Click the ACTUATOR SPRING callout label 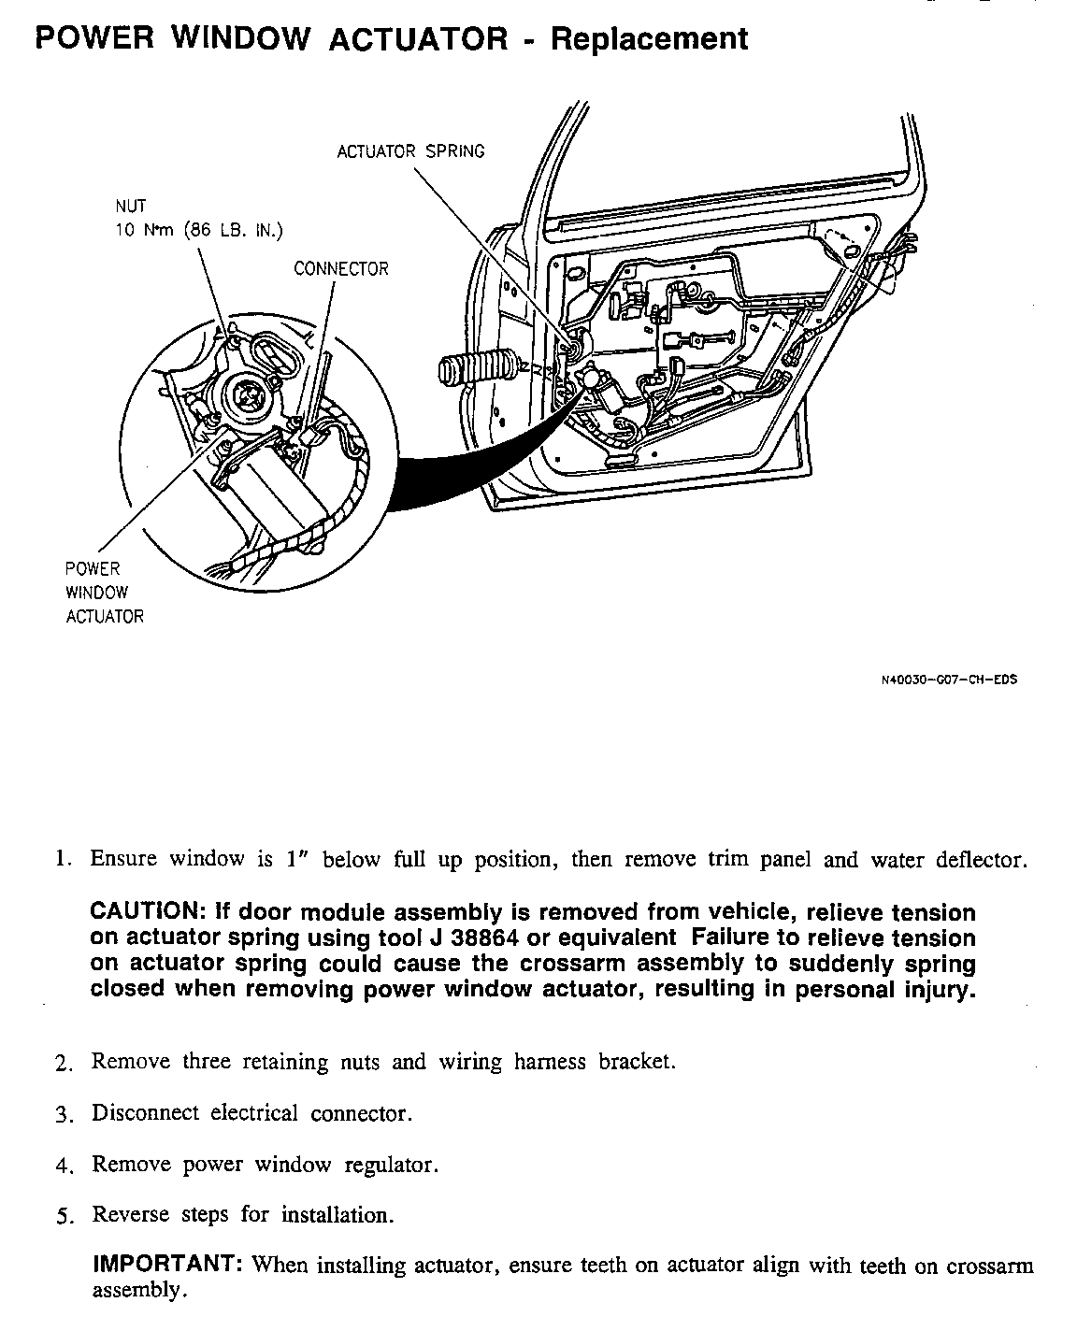coord(410,151)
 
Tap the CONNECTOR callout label coord(340,269)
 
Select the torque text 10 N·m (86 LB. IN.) coord(198,231)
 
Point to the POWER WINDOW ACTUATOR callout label coord(105,593)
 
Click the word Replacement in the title coord(649,39)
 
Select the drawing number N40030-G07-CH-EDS coord(949,680)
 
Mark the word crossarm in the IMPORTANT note coord(990,1267)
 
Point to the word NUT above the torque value coord(131,207)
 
